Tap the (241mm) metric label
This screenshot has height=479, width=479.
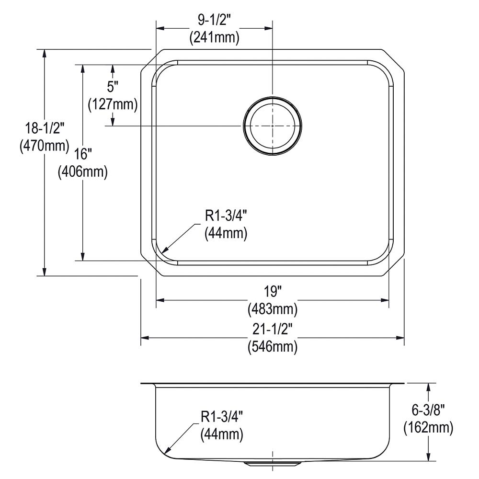(x=214, y=38)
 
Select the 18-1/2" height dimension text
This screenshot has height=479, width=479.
(x=45, y=128)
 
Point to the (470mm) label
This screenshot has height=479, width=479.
(x=45, y=146)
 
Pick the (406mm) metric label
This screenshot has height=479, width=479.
(x=83, y=171)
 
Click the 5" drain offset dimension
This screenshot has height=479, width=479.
(x=113, y=87)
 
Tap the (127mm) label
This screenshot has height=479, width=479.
(x=113, y=104)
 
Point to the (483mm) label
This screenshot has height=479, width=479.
(x=273, y=309)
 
